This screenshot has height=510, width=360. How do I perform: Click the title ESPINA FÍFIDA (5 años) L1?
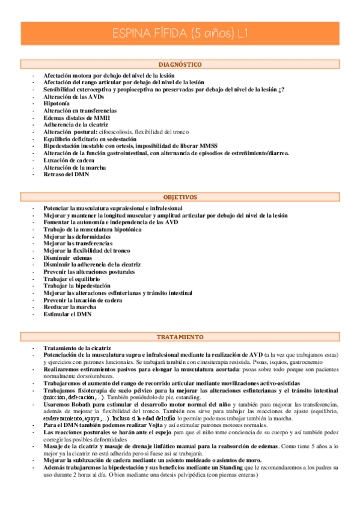coord(180,34)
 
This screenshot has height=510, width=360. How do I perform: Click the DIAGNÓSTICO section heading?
coord(180,64)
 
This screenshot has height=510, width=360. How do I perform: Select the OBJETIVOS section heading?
coord(180,197)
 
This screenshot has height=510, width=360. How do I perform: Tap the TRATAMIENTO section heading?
coord(180,337)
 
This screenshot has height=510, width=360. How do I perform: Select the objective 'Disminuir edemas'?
coord(66,257)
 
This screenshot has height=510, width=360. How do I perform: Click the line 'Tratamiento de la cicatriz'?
coord(77,348)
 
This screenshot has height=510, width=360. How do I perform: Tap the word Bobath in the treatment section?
coord(82,405)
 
